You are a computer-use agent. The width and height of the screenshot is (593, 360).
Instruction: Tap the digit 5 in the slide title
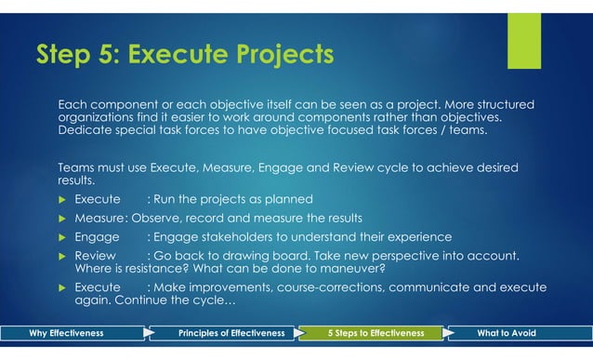pos(110,56)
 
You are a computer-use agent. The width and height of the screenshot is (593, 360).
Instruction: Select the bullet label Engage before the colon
pos(97,236)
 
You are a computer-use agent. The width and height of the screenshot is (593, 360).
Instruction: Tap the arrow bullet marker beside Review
pos(63,255)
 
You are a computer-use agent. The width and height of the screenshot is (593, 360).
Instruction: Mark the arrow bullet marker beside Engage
pos(63,236)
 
